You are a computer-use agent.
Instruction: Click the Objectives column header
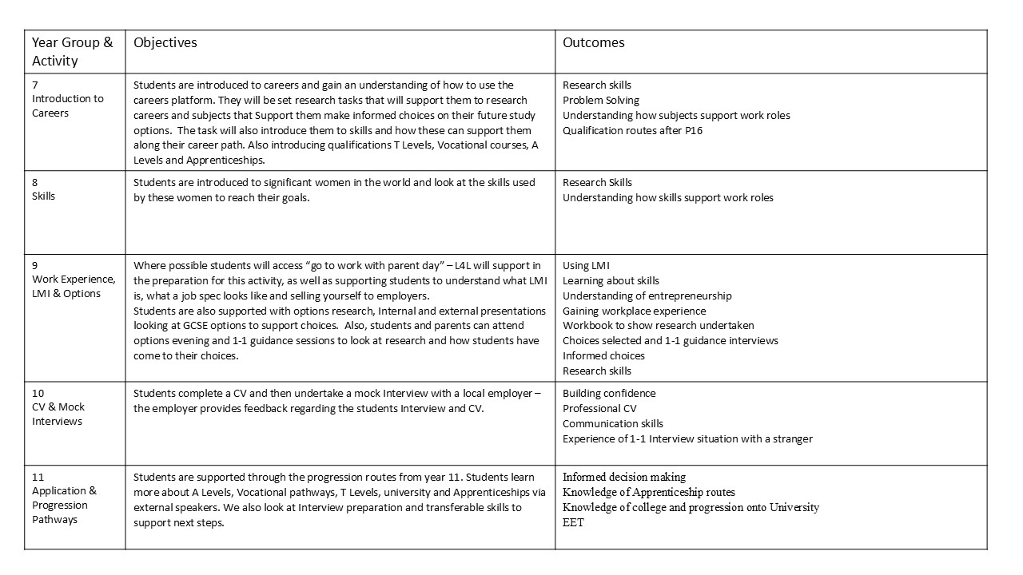point(165,42)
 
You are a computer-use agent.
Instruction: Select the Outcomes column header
point(593,42)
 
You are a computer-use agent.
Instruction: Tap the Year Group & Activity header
point(72,52)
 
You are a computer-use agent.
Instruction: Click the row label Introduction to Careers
point(67,105)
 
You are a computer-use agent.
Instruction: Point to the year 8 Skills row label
point(44,196)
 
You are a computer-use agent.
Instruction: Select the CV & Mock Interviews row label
point(58,414)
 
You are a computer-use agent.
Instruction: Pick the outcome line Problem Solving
point(600,100)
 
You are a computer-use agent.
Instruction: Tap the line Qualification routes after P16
point(632,130)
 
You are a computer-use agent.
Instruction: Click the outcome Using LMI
point(586,265)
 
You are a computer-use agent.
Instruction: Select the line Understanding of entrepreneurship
point(647,295)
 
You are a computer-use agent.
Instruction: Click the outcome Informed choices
point(603,355)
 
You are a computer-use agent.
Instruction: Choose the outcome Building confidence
point(608,393)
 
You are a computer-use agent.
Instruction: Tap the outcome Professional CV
point(599,408)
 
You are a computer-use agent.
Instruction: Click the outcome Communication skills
point(612,423)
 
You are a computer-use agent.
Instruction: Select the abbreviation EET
point(573,522)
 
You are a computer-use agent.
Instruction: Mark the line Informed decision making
point(623,477)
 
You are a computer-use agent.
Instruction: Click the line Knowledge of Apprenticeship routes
point(648,492)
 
